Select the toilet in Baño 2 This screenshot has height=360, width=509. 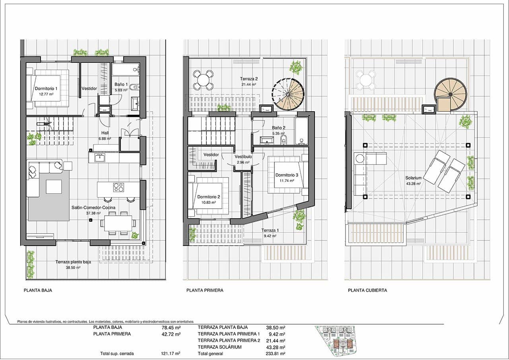click(284, 139)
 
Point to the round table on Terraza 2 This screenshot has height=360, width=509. click(203, 79)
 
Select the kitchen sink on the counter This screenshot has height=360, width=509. click(99, 158)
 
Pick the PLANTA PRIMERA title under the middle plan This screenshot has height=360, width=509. click(205, 290)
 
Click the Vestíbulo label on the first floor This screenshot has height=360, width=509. click(243, 157)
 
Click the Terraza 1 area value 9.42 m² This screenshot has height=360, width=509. click(270, 236)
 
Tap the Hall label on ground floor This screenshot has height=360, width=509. click(105, 134)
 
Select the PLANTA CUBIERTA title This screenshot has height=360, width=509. click(367, 290)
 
